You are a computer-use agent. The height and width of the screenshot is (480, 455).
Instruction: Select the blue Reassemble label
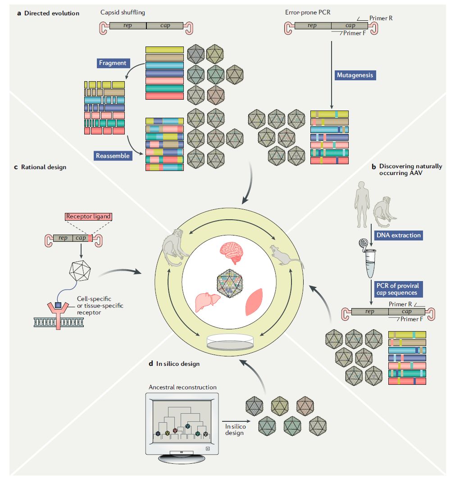pyautogui.click(x=113, y=156)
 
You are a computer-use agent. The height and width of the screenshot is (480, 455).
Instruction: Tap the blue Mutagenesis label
pyautogui.click(x=355, y=75)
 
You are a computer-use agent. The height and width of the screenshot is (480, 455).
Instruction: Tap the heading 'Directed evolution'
pyautogui.click(x=52, y=13)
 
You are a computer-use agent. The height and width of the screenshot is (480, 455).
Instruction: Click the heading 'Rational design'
pyautogui.click(x=43, y=167)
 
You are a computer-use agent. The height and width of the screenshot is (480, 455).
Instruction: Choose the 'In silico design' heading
pyautogui.click(x=177, y=363)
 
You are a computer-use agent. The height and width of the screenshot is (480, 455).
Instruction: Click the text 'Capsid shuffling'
pyautogui.click(x=122, y=13)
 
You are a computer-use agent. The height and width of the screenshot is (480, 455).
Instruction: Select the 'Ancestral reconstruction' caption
pyautogui.click(x=182, y=387)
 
